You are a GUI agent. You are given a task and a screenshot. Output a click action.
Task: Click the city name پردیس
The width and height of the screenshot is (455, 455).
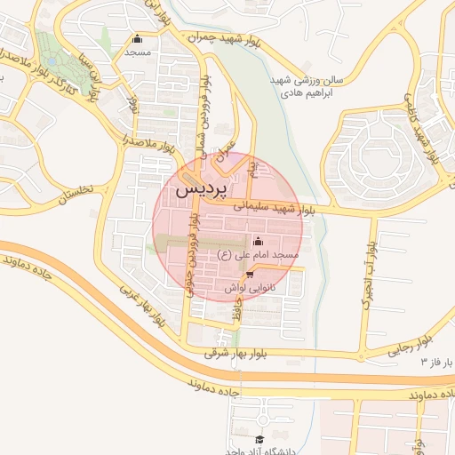pos(201,189)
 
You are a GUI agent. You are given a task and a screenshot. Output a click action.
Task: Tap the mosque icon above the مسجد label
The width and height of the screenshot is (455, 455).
pos(137,39)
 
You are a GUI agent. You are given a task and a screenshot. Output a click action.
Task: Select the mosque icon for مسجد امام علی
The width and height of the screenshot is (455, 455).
pos(259,241)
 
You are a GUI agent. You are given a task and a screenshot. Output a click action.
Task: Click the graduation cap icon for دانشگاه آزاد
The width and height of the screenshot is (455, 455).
pos(259,440)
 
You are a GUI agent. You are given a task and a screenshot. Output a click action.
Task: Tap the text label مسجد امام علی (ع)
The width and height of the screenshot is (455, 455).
pos(258,255)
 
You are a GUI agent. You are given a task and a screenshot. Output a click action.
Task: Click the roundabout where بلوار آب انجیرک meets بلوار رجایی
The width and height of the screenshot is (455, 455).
pos(364,354)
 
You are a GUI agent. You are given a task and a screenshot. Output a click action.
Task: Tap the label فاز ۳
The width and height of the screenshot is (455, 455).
pos(437,363)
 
